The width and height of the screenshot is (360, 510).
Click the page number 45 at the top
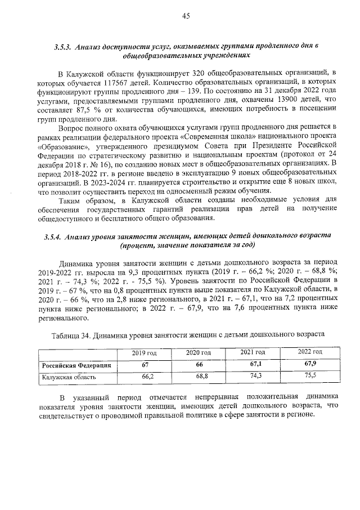click(x=185, y=16)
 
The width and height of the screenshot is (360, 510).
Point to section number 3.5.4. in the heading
click(x=54, y=237)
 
